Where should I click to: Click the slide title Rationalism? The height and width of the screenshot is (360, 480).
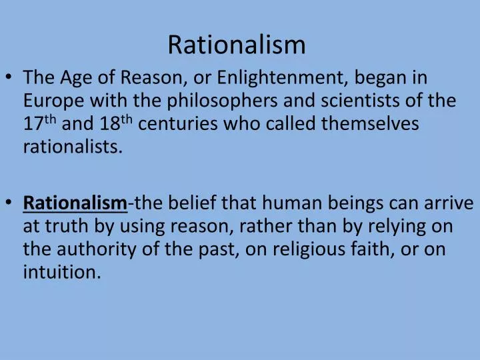tap(237, 45)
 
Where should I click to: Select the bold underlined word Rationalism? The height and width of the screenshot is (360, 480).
tap(75, 203)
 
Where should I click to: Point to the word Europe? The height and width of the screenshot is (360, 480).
tap(53, 101)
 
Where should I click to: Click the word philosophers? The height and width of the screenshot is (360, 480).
tap(222, 101)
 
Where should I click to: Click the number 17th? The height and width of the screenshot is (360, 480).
tap(40, 123)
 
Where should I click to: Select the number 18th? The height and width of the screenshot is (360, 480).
tap(116, 123)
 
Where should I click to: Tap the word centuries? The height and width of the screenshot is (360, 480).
tap(178, 124)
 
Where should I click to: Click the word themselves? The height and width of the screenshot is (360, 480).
tap(370, 123)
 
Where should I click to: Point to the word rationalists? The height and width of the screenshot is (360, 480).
tap(73, 147)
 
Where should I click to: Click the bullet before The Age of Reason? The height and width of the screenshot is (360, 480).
tap(9, 77)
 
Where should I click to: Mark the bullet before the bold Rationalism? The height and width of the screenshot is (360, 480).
tap(9, 202)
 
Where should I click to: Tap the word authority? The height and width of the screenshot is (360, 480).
tap(97, 249)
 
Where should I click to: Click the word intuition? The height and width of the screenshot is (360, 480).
tap(62, 272)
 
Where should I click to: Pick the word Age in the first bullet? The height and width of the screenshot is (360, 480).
tap(76, 78)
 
